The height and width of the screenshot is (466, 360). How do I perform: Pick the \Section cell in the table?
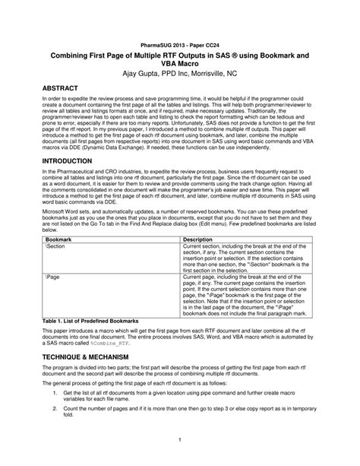(55, 247)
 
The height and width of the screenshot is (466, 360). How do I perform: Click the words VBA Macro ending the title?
(178, 64)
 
